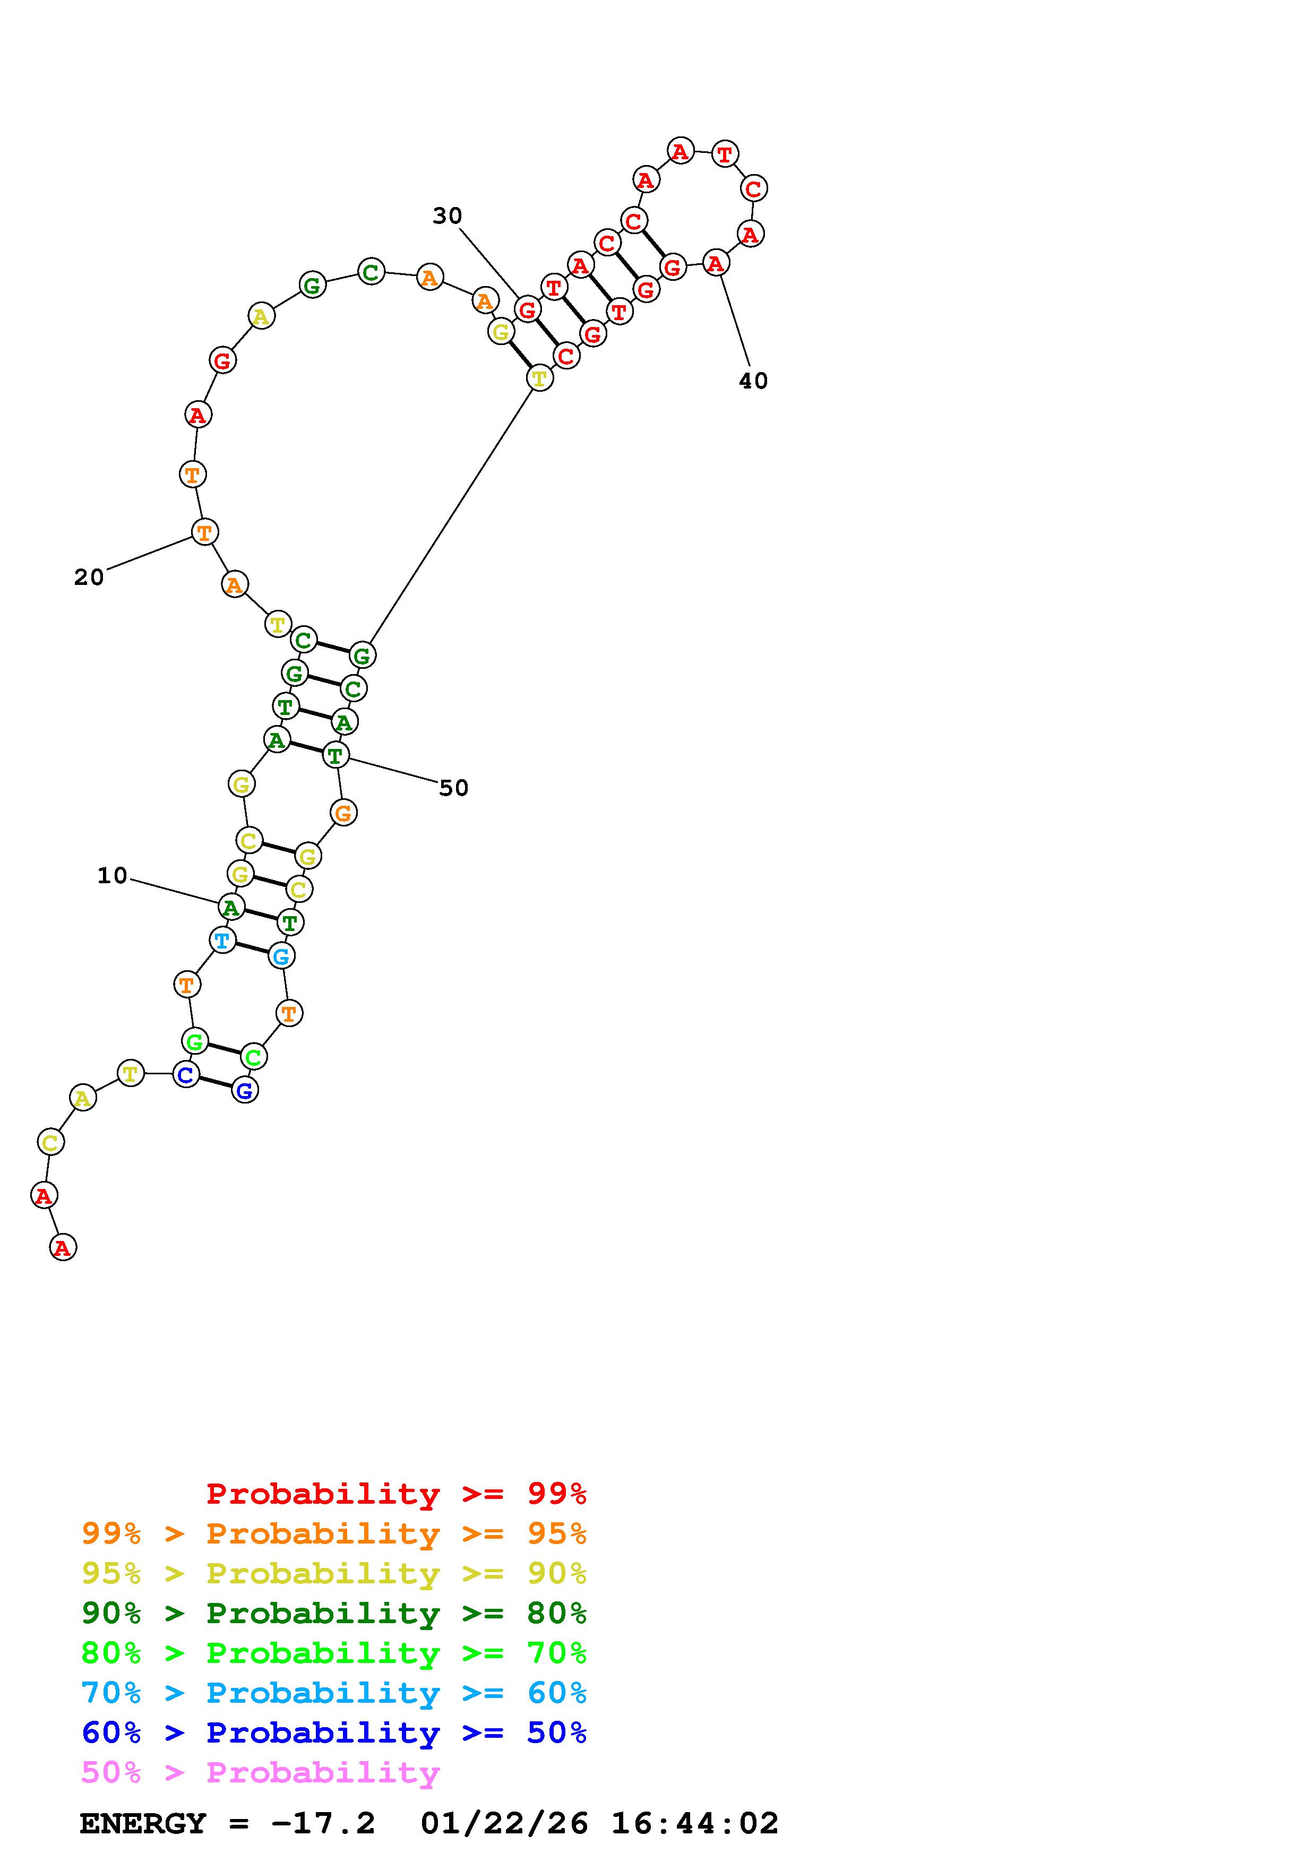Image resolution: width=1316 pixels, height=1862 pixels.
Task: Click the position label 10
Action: (x=113, y=876)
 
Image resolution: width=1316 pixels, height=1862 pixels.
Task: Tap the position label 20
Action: (x=89, y=577)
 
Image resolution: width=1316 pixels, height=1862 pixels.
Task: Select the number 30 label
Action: (x=447, y=215)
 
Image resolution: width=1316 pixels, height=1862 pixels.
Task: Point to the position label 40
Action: (x=753, y=381)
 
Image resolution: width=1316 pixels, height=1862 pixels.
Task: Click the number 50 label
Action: (x=453, y=788)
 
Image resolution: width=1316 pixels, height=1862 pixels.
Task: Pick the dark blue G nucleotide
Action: (x=245, y=1091)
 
